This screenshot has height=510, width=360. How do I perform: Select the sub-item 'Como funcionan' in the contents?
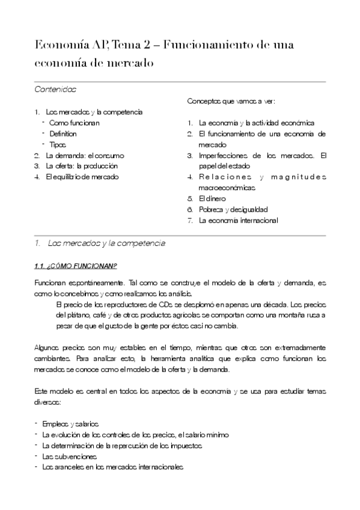[x=75, y=123]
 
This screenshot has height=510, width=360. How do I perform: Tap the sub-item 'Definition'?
[x=63, y=134]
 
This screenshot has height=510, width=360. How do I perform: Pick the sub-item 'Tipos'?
[x=58, y=144]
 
